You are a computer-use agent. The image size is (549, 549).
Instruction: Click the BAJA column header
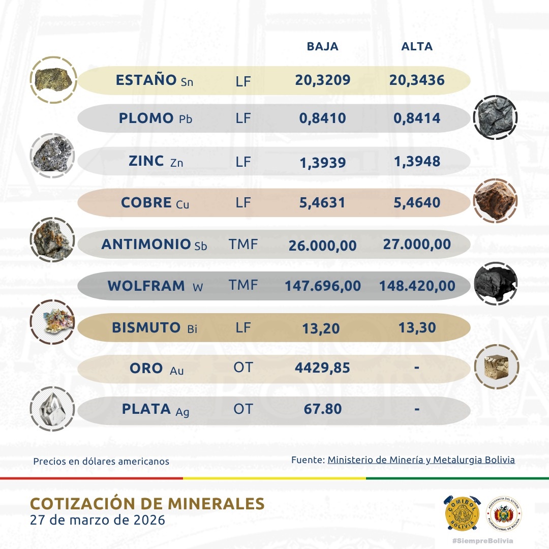pos(322,47)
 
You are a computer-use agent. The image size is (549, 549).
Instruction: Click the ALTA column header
pos(417,47)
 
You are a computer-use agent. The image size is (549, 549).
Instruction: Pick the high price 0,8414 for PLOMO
pos(417,118)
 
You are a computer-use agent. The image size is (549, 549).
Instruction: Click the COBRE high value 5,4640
pos(417,203)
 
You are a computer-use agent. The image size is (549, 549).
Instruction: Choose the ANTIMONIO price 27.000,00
pos(417,245)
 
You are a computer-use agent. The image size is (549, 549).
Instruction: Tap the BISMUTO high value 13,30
pos(417,328)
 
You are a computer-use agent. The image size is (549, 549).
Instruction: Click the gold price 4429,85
pos(322,368)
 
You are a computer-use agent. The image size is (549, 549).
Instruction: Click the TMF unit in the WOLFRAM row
pos(243,286)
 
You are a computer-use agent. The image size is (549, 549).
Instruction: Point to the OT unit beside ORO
pos(243,368)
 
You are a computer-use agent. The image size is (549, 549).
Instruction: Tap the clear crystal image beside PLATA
pos(52,408)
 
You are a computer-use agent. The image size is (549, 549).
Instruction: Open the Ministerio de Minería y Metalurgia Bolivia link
pos(421,460)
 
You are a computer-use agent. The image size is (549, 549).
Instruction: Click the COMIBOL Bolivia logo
pos(462,513)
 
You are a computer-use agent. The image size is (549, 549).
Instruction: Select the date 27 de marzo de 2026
pos(98,521)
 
